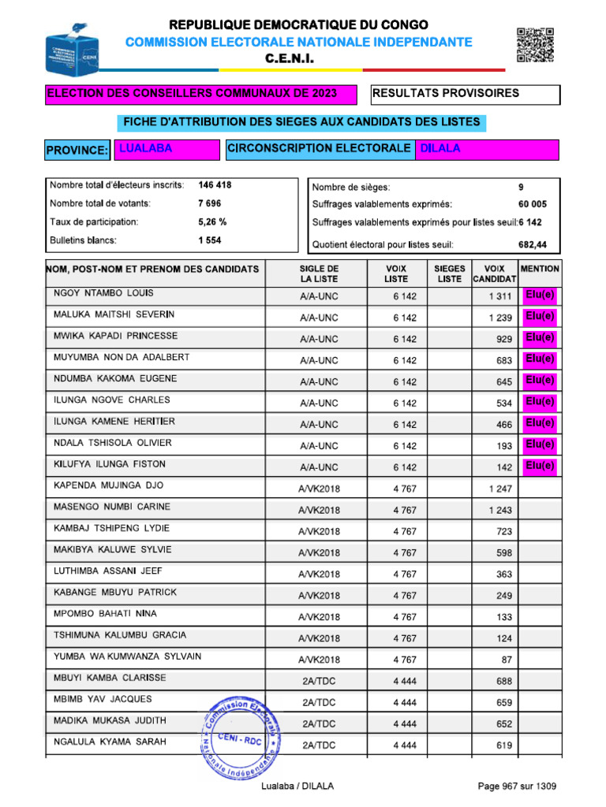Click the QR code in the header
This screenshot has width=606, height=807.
(534, 44)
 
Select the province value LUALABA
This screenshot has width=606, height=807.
(145, 148)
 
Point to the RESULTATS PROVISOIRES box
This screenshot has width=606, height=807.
(465, 94)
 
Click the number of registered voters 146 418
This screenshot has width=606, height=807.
(215, 185)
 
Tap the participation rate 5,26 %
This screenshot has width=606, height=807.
(212, 222)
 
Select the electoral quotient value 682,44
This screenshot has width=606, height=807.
(533, 244)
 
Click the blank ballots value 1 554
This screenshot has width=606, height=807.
(210, 240)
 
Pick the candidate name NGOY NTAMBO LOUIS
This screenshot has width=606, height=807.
(103, 293)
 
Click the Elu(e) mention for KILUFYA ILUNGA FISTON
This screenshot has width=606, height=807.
(541, 466)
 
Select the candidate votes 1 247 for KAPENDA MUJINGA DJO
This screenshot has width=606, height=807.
(500, 489)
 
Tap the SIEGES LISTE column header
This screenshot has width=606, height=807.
(449, 273)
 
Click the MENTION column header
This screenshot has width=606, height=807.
(541, 269)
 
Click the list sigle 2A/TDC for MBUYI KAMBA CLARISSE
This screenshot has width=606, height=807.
(319, 681)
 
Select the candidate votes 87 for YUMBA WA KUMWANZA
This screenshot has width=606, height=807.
(506, 660)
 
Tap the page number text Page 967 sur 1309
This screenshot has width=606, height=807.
(518, 787)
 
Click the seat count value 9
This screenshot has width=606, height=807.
(521, 188)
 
